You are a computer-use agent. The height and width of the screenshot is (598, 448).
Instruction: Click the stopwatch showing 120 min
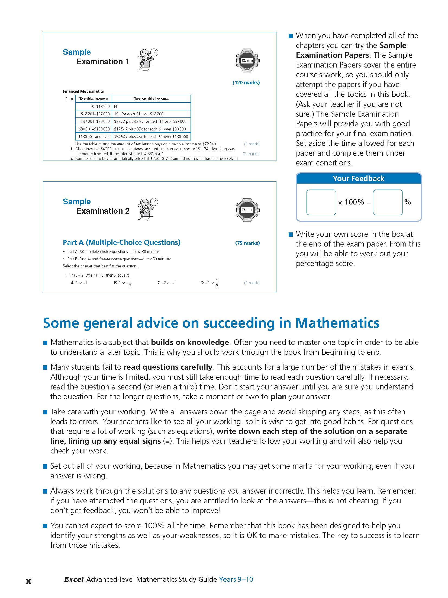[247, 60]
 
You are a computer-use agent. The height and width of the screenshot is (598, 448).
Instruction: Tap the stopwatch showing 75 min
[247, 210]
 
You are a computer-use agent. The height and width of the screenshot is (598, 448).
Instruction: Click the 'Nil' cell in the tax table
[116, 107]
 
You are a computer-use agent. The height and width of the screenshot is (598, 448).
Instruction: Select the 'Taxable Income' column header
[94, 99]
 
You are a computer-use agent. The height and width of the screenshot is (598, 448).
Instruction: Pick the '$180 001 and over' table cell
[94, 137]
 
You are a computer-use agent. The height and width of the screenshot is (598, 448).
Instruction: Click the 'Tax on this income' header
[151, 99]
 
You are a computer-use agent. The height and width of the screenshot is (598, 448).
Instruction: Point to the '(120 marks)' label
[246, 83]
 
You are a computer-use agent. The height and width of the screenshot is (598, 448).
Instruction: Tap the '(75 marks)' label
[247, 243]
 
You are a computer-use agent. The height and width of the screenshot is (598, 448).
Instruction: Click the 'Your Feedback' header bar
[358, 178]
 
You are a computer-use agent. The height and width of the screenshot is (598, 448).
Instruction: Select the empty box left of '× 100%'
[321, 202]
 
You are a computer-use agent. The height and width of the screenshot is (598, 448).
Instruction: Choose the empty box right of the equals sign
[388, 202]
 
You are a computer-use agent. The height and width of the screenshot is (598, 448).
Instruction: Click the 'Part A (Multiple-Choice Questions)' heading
[121, 242]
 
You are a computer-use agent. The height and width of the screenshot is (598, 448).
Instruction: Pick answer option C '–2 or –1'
[167, 283]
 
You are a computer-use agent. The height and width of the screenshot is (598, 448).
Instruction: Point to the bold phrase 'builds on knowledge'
[190, 343]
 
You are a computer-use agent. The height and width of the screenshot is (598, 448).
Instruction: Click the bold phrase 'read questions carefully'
[168, 367]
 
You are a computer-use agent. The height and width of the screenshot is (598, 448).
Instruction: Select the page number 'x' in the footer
[28, 581]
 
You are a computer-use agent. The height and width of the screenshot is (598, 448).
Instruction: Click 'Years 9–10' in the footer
[236, 580]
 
